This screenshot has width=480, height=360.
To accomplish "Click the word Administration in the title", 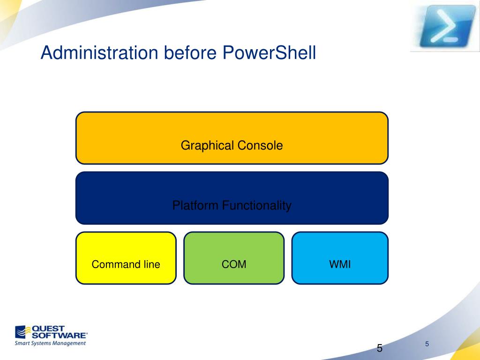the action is [x=99, y=52].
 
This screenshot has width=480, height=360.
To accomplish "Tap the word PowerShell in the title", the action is [x=269, y=52].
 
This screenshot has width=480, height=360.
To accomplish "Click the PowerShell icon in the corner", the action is [x=445, y=26].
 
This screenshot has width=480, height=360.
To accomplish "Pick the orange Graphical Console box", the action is [x=232, y=138].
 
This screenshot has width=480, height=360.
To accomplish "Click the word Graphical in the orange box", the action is [x=207, y=145].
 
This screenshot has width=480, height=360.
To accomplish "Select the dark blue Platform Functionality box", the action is [x=232, y=198].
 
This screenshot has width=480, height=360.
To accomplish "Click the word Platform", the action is [x=195, y=205].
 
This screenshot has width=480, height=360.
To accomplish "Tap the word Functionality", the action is [x=256, y=205].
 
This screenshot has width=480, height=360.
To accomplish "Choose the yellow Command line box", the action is [x=126, y=258].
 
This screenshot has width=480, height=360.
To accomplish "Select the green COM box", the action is [x=234, y=258].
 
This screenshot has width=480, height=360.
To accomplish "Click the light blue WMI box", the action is [x=340, y=258].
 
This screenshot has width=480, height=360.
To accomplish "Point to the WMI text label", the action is [x=340, y=264].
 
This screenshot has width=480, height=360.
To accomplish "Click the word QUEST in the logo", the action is [x=48, y=329].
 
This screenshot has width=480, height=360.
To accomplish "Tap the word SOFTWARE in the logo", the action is [x=59, y=335].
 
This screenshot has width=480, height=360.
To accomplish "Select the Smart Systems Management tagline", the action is [x=50, y=343].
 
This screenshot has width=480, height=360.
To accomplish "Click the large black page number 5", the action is [x=380, y=348].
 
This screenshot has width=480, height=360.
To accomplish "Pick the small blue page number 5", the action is [x=427, y=344].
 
